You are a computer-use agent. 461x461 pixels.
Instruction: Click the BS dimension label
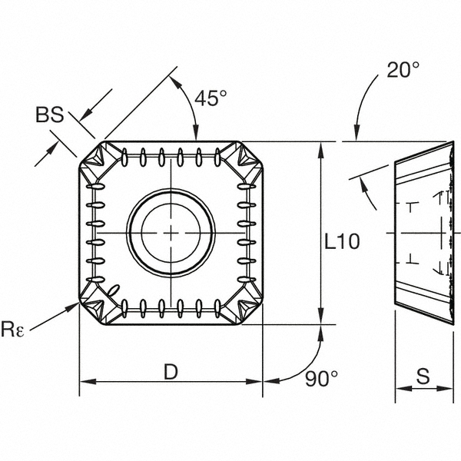click(x=49, y=114)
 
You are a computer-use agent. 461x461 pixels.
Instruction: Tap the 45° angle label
click(x=211, y=98)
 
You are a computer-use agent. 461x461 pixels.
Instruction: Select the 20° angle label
click(x=403, y=70)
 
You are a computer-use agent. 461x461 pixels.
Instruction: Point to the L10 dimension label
click(x=342, y=241)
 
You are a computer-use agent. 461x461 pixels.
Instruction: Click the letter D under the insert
click(x=171, y=372)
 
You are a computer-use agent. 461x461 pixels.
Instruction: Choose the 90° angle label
click(x=321, y=378)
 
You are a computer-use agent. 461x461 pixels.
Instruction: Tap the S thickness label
click(x=423, y=376)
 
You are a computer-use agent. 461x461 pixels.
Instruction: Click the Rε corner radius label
click(x=12, y=329)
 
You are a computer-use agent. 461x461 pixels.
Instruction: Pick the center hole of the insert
click(x=171, y=233)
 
